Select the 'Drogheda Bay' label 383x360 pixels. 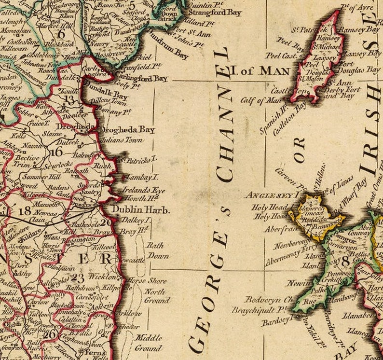pyautogui.click(x=127, y=130)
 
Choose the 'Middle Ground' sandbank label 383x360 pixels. pyautogui.click(x=148, y=343)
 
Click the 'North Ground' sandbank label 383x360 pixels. pyautogui.click(x=156, y=296)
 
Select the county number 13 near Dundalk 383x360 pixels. pyautogui.click(x=70, y=100)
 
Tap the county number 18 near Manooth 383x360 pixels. pyautogui.click(x=24, y=211)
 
